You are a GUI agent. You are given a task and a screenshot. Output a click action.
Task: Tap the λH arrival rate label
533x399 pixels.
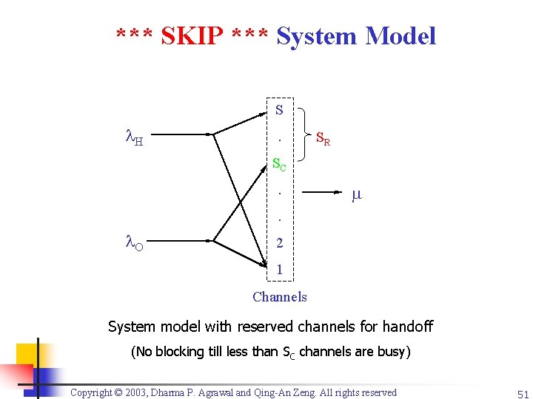[133, 137]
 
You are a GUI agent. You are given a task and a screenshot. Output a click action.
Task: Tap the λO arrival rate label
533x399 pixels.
[133, 242]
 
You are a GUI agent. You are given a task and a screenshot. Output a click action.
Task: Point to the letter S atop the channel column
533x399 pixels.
[278, 111]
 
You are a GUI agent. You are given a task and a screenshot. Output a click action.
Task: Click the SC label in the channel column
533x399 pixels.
[279, 164]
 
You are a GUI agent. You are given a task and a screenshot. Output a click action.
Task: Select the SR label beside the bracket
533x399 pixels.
[323, 138]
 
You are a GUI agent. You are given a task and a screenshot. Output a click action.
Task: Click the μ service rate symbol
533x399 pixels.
[356, 195]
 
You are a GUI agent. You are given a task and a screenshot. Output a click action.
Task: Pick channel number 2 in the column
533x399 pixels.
[279, 242]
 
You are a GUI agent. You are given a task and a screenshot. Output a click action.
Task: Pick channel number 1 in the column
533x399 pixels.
[279, 270]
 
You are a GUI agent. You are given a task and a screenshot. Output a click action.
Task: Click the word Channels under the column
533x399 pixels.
[279, 297]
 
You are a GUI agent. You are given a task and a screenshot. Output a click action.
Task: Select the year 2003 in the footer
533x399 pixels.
[152, 392]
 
